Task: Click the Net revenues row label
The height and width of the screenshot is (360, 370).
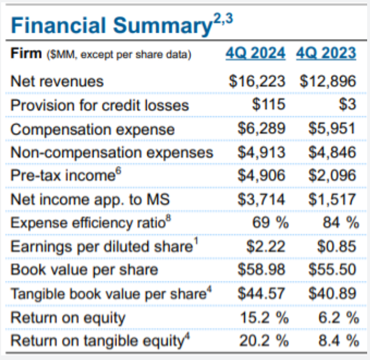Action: (x=57, y=82)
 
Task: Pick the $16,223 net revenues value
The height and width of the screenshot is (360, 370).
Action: (x=257, y=82)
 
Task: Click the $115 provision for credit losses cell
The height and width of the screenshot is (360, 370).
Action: (x=268, y=105)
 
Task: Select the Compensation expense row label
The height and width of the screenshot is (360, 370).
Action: (x=92, y=129)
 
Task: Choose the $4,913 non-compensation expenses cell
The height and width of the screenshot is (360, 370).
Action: (x=261, y=153)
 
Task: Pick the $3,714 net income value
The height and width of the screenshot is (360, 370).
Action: (x=261, y=200)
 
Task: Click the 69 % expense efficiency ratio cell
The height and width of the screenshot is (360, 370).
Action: (x=270, y=223)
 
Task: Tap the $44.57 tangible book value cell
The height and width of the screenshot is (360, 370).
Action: (x=261, y=293)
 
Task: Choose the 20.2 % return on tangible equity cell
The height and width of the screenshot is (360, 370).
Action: (x=263, y=340)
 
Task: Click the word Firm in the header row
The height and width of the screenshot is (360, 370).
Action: (x=25, y=54)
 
